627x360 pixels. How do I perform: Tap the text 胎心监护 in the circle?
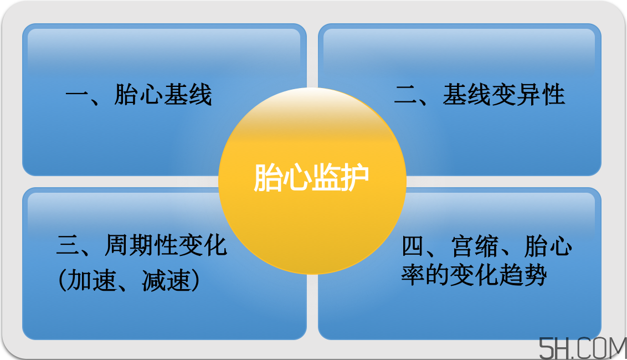coord(311,178)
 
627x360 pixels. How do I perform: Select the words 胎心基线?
coord(163,95)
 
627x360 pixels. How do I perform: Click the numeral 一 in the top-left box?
coord(77,95)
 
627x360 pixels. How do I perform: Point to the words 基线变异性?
coord(503,95)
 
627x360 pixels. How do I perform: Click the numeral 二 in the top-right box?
coord(406,95)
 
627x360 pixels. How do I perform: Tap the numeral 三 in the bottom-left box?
coord(68,245)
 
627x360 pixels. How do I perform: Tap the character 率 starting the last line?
coord(413,275)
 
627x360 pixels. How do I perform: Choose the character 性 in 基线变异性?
coord(553,95)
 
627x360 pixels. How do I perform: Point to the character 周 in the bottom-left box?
coord(116,245)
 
